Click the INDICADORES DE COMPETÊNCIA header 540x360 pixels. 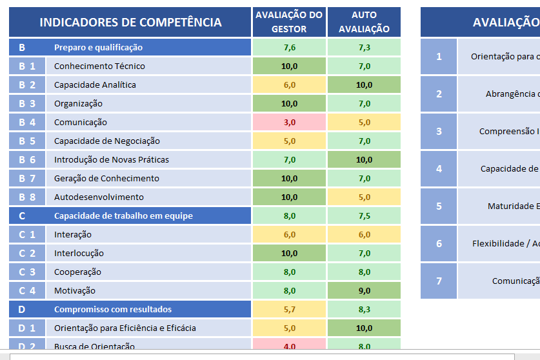[130, 23]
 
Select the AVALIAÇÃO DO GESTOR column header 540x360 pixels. [289, 22]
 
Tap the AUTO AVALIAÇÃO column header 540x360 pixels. [364, 22]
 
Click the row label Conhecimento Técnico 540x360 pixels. [99, 66]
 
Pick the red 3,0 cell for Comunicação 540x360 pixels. [289, 122]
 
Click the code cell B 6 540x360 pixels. [27, 159]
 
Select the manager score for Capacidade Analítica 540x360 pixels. [289, 85]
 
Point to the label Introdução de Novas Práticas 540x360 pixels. [111, 159]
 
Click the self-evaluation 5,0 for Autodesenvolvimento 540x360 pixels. [364, 197]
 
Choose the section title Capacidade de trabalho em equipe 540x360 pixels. [123, 215]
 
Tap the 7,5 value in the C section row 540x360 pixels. [364, 215]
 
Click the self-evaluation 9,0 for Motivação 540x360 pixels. [364, 290]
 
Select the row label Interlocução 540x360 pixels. [79, 253]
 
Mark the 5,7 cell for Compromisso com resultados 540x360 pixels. [289, 309]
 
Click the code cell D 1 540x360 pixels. [27, 328]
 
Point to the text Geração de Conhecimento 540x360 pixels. [106, 178]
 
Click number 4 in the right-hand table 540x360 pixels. [439, 168]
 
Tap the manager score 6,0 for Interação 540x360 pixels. [289, 234]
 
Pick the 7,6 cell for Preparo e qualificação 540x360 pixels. [289, 47]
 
